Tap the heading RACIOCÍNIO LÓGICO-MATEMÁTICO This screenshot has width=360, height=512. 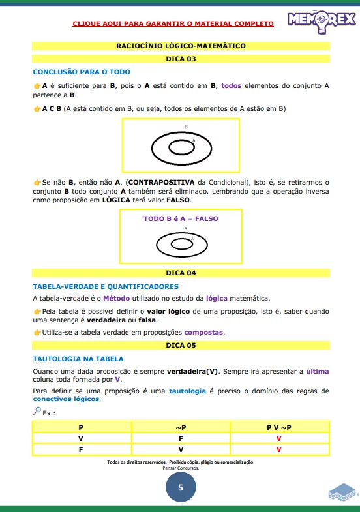click(x=181, y=46)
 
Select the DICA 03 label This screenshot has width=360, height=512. click(x=181, y=59)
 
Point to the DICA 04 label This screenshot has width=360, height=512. click(x=181, y=273)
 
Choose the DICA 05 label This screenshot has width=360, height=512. click(x=181, y=344)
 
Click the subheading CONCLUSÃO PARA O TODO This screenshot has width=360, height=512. click(x=82, y=72)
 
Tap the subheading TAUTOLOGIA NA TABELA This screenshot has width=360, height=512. click(x=78, y=359)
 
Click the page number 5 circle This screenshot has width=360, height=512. click(x=181, y=487)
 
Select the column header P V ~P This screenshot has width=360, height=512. click(x=279, y=427)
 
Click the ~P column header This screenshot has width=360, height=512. click(x=181, y=427)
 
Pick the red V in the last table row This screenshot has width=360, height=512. click(x=279, y=449)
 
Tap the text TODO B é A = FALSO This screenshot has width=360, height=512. click(x=181, y=219)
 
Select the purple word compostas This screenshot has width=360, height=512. click(x=203, y=332)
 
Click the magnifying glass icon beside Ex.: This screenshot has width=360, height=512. click(x=37, y=411)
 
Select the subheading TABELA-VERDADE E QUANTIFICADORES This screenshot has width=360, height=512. click(x=106, y=286)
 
